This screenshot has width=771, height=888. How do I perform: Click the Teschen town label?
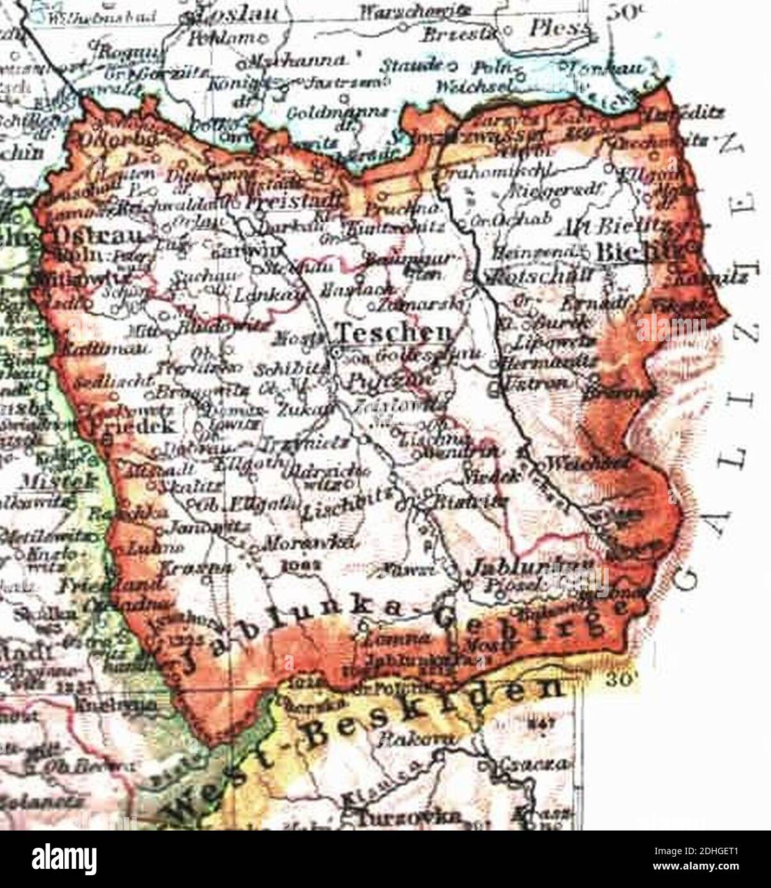[x=394, y=332]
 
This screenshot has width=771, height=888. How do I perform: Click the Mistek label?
[x=61, y=478]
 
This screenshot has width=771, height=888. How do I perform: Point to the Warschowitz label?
[x=397, y=11]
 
